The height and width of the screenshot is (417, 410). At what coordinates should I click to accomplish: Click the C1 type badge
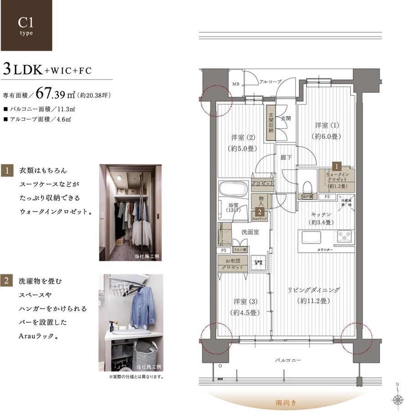26,25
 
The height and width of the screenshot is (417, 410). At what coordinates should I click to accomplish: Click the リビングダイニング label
314,295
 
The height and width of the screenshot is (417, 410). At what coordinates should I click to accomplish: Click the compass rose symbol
399,399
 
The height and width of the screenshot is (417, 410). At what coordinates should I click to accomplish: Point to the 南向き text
286,402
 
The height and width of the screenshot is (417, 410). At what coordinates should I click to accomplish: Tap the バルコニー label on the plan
288,360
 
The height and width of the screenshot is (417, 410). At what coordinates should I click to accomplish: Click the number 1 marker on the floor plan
337,167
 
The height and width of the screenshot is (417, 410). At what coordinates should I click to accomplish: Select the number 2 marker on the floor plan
258,212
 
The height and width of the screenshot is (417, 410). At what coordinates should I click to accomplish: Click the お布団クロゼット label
233,264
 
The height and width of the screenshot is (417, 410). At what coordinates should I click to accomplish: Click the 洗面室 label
250,232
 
